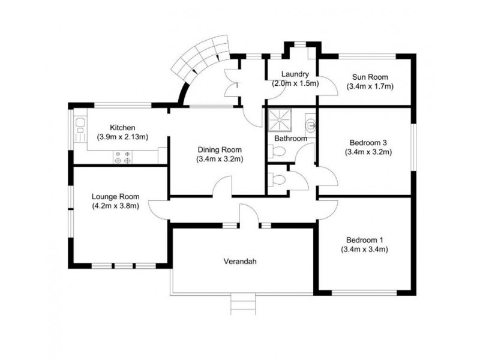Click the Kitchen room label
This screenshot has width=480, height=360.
122,128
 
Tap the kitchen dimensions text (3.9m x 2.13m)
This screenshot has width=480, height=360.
122,137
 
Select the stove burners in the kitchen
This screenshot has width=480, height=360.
123,157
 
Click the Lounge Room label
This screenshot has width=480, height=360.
116,196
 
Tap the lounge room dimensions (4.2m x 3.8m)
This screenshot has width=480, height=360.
116,206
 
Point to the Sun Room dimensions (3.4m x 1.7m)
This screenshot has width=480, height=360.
370,86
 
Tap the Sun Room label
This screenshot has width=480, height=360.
370,77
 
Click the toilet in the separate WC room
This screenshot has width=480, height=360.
277,179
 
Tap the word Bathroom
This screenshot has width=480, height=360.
290,139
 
